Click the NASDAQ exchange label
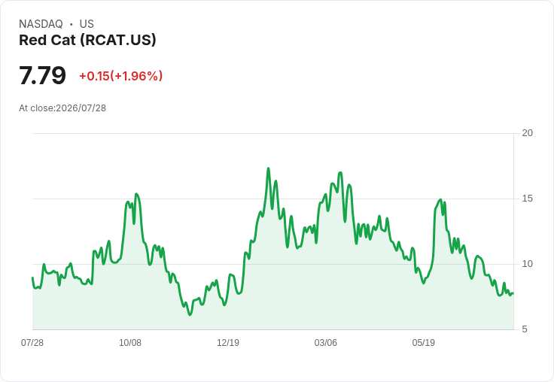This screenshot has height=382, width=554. (x=41, y=24)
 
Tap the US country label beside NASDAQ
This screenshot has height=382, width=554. (x=87, y=24)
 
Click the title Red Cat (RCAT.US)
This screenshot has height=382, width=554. (x=87, y=40)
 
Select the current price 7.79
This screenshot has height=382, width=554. (x=42, y=75)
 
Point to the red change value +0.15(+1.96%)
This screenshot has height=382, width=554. (x=121, y=76)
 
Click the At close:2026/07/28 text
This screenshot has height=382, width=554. (x=62, y=108)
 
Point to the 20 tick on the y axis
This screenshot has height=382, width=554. (x=527, y=133)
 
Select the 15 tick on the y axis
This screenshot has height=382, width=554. (x=527, y=199)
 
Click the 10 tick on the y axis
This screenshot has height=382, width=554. (x=527, y=264)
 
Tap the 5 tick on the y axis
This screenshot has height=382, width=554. (x=525, y=329)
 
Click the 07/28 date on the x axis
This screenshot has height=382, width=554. (x=32, y=342)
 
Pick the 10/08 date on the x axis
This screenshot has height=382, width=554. (x=130, y=342)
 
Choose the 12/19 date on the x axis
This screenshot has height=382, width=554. (x=228, y=342)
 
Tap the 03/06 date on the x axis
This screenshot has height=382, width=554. (x=326, y=342)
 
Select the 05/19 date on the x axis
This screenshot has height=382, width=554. (x=424, y=342)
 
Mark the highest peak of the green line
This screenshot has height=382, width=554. (x=268, y=168)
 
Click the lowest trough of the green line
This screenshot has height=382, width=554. (x=190, y=314)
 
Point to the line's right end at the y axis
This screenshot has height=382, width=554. (x=513, y=293)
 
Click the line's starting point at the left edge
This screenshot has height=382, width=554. (x=32, y=277)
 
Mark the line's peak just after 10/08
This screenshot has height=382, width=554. (x=136, y=194)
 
